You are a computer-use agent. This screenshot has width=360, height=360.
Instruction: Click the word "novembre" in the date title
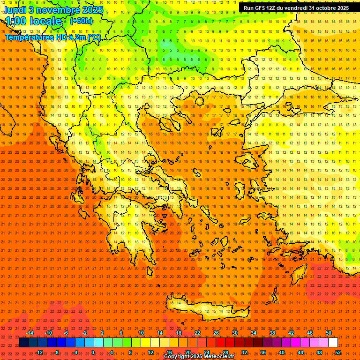(52, 9)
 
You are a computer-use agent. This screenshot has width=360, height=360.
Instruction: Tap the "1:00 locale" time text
(33, 22)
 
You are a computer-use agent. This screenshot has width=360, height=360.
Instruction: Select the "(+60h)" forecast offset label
(81, 21)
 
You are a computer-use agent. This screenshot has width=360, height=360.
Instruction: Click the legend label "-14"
(29, 333)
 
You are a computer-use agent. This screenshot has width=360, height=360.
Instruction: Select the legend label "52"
(338, 352)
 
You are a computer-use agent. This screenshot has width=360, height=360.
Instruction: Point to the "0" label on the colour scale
(93, 352)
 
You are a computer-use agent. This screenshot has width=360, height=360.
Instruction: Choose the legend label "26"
(216, 333)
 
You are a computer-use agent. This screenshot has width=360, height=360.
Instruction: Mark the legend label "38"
(272, 333)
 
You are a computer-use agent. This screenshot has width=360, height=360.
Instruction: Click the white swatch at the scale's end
(333, 343)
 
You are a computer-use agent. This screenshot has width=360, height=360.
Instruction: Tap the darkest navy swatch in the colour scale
(23, 343)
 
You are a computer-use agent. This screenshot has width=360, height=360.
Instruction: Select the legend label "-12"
(39, 352)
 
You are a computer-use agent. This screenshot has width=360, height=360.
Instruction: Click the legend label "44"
(300, 352)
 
